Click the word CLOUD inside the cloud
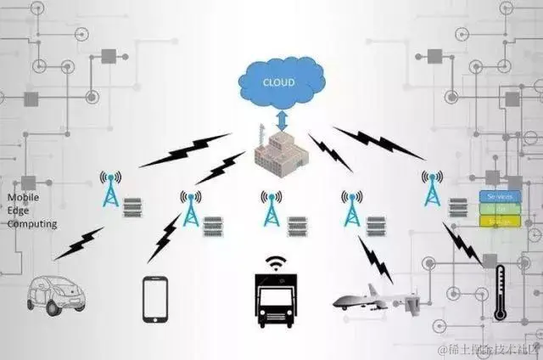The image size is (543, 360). coord(279,82)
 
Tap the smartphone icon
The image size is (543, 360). coord(154,298)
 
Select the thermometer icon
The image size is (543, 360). coord(500,291)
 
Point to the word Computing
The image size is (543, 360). coord(32,224)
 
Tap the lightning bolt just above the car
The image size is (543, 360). coord(79,243)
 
